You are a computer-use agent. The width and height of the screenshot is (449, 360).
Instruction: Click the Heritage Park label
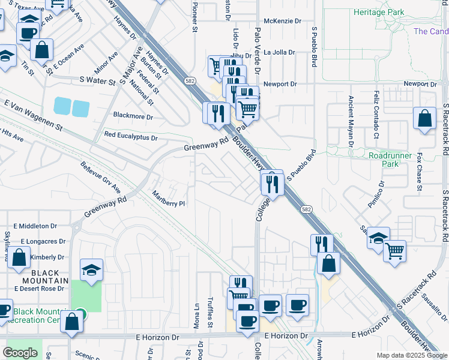point(379,12)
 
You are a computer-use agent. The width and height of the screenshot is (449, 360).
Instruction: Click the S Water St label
point(97,79)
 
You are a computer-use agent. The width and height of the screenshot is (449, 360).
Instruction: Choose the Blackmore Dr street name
point(133,115)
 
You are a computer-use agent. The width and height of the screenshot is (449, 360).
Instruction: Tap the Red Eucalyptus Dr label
point(131,137)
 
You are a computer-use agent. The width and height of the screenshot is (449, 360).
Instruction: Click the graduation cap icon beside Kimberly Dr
point(91,270)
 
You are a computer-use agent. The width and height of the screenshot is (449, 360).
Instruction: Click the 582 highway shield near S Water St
point(190,80)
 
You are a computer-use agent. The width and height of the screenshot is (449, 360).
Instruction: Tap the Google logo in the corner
point(20,353)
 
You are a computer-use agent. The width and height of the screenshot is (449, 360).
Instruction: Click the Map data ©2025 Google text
point(411,355)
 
